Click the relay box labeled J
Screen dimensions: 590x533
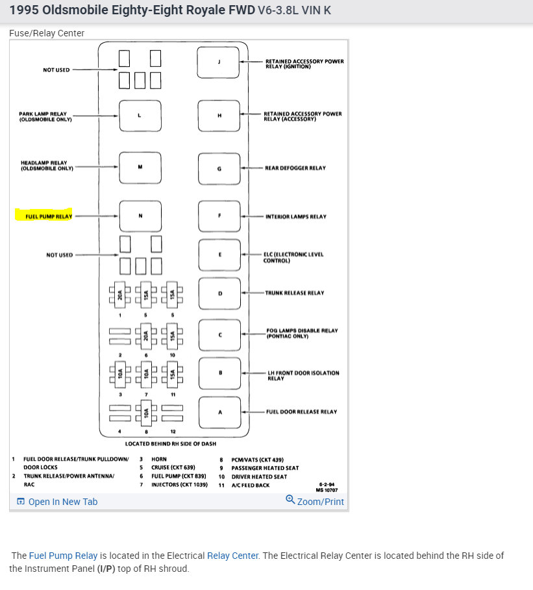219,62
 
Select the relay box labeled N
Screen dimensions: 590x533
140,216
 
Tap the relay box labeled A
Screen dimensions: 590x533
219,412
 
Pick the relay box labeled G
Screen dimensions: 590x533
219,168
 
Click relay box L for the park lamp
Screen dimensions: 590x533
140,116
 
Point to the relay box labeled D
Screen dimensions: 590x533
219,293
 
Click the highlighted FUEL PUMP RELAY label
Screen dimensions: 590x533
45,216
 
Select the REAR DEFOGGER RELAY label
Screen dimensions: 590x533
295,168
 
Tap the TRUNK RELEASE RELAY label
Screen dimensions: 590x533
294,293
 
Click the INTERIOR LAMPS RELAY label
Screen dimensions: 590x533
295,217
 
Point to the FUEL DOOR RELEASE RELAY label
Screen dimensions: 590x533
301,412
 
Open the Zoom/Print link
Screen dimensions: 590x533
316,501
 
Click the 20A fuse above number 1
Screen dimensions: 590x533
121,295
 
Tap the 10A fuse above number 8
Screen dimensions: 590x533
147,412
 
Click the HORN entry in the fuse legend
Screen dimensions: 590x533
159,459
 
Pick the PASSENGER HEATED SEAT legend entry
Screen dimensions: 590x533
265,468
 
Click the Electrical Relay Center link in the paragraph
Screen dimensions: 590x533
232,556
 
